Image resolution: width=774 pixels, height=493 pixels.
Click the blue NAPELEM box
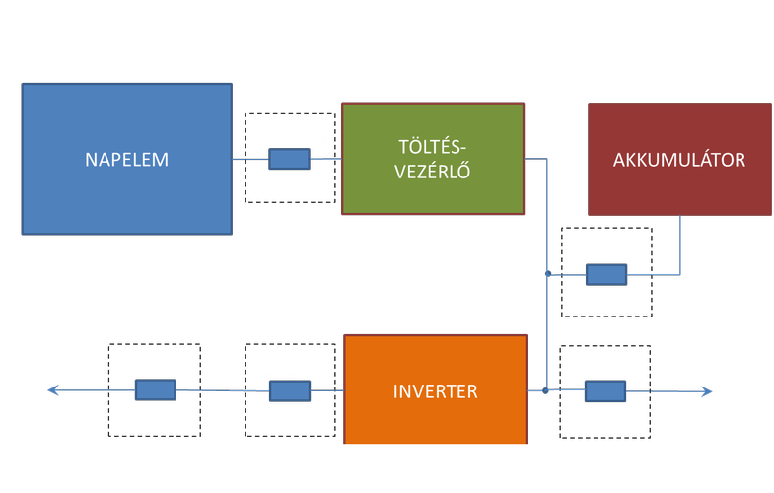point(127,159)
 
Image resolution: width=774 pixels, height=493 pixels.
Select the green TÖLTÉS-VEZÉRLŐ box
point(431,158)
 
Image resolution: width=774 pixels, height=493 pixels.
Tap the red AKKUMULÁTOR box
point(679,159)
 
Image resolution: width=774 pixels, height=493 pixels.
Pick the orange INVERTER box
point(435,390)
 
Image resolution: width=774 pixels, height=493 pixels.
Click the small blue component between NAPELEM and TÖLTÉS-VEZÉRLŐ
point(289,159)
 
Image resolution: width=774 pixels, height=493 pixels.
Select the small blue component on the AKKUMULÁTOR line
point(605,274)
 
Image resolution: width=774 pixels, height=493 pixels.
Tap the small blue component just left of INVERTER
point(289,391)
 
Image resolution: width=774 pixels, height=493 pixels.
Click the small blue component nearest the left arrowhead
point(155,390)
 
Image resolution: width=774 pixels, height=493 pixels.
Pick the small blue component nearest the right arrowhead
point(605,391)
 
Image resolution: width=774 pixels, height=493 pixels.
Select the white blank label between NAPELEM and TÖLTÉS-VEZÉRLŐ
point(289,132)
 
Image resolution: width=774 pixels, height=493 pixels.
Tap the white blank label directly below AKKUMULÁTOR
point(606,246)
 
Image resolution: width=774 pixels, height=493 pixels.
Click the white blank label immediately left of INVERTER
point(289,361)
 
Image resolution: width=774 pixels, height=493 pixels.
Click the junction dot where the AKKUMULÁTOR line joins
point(547,272)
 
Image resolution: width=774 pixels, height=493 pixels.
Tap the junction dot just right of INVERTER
point(545,391)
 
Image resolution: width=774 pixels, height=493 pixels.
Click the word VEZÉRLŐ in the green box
point(431,169)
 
